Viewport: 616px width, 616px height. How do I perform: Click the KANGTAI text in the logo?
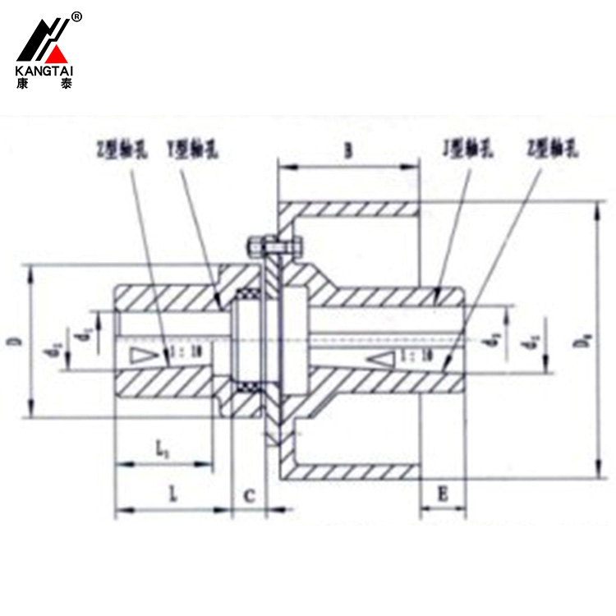[44, 71]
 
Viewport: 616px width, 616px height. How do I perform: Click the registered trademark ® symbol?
[76, 16]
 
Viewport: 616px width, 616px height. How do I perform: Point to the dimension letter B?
[348, 150]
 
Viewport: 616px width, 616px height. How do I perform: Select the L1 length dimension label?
[163, 449]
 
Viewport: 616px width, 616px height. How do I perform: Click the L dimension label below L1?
[173, 494]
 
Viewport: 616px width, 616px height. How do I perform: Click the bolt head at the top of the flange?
[256, 245]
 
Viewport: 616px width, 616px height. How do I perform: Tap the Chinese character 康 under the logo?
[22, 83]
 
